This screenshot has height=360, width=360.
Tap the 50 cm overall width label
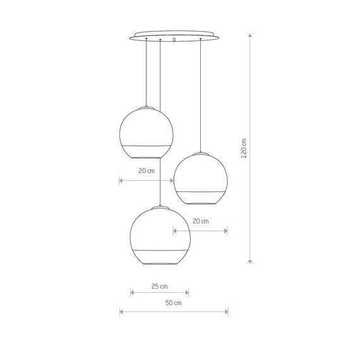point(173,303)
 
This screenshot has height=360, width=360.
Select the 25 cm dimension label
point(159,286)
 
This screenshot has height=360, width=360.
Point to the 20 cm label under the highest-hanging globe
point(146,171)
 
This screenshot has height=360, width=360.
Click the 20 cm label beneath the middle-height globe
point(200,221)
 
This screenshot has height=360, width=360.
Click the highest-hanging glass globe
point(146,131)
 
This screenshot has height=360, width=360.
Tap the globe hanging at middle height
point(200,178)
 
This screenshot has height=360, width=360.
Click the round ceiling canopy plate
point(173,35)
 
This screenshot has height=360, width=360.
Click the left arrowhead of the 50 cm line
point(121,311)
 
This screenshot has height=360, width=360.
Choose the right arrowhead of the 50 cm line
point(226,311)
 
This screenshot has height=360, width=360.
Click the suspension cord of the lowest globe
point(160,126)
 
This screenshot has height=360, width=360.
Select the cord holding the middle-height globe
point(200,95)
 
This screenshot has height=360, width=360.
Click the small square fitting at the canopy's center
point(174,40)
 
